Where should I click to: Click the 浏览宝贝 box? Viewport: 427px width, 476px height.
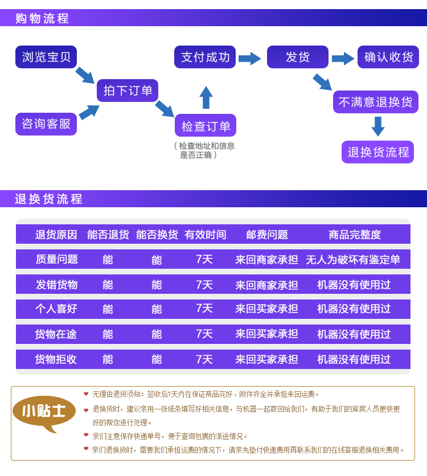pyautogui.click(x=46, y=57)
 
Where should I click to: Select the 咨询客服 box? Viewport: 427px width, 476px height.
pyautogui.click(x=46, y=124)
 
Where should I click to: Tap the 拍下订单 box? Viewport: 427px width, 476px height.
pyautogui.click(x=128, y=91)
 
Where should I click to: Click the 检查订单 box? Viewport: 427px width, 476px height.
pyautogui.click(x=206, y=125)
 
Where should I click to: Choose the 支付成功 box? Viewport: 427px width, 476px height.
pyautogui.click(x=205, y=57)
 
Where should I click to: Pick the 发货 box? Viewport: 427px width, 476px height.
pyautogui.click(x=298, y=57)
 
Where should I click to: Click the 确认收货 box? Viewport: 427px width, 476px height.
pyautogui.click(x=388, y=57)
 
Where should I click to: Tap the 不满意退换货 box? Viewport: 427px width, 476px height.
pyautogui.click(x=376, y=102)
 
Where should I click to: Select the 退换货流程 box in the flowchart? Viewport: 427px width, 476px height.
pyautogui.click(x=378, y=152)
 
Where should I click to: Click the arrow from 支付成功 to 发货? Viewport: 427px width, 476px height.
pyautogui.click(x=250, y=59)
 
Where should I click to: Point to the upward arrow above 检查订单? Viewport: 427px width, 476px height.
pyautogui.click(x=206, y=97)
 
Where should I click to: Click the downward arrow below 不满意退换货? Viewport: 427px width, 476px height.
pyautogui.click(x=378, y=126)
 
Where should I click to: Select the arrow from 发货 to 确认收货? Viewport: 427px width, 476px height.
pyautogui.click(x=343, y=59)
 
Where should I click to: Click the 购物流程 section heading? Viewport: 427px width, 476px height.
pyautogui.click(x=42, y=19)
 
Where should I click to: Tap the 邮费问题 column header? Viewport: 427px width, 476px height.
pyautogui.click(x=267, y=235)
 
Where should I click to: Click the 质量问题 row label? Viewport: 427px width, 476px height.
pyautogui.click(x=57, y=260)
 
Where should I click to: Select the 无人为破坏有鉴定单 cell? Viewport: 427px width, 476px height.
pyautogui.click(x=353, y=260)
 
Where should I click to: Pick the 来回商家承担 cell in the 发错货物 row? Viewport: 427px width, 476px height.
pyautogui.click(x=266, y=285)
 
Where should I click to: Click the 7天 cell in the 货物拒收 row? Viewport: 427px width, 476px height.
pyautogui.click(x=204, y=359)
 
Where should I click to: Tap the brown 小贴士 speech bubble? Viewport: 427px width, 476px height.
pyautogui.click(x=44, y=412)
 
